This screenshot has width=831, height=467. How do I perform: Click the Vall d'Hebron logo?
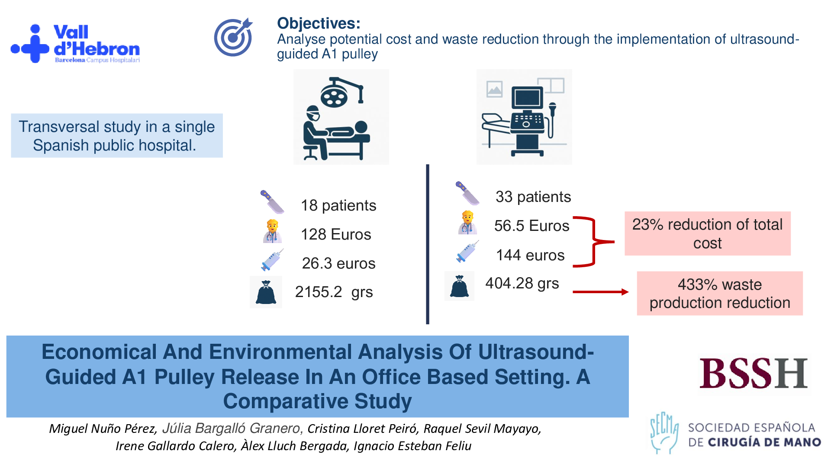tap(75, 44)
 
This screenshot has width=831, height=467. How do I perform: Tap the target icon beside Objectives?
tap(233, 37)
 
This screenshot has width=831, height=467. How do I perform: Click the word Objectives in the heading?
tap(319, 23)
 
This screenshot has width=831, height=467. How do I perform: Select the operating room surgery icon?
tap(341, 117)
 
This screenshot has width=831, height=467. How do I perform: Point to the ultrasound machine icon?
tap(524, 117)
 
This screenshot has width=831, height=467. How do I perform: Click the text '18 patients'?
tap(338, 205)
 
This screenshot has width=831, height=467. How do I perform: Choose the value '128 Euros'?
tap(336, 234)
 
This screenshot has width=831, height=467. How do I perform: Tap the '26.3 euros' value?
tap(338, 263)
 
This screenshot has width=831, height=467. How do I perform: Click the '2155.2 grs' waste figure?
tap(334, 292)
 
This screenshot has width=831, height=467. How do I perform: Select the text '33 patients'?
tap(533, 197)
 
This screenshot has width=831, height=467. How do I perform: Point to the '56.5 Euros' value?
tap(531, 226)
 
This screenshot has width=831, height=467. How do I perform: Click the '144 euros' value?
tap(530, 255)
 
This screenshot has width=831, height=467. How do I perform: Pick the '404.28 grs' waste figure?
tap(522, 283)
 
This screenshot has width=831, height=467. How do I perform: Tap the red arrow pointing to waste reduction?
tap(601, 292)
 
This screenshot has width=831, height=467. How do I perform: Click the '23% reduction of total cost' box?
tap(708, 233)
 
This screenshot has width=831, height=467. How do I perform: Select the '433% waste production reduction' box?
tap(720, 293)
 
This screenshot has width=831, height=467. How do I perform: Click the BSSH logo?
tap(754, 373)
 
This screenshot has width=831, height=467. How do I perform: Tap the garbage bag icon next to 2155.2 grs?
tap(266, 292)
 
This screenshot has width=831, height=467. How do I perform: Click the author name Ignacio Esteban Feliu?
tap(412, 446)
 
